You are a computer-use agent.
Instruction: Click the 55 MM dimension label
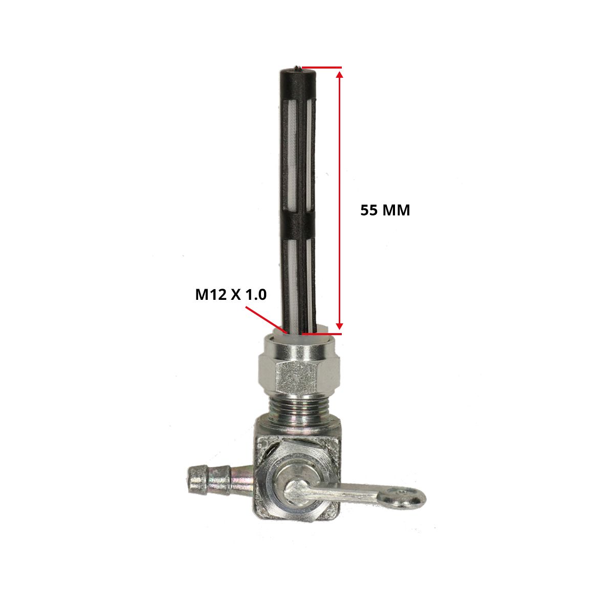pos(385,210)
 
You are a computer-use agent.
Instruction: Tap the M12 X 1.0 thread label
pos(231,295)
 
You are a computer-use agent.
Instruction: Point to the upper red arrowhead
pos(340,75)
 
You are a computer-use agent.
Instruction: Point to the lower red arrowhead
pos(340,325)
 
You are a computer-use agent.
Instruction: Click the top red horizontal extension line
pos(322,68)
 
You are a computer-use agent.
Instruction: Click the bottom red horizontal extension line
pos(322,334)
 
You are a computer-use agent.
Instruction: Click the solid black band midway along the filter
pos(298,228)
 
